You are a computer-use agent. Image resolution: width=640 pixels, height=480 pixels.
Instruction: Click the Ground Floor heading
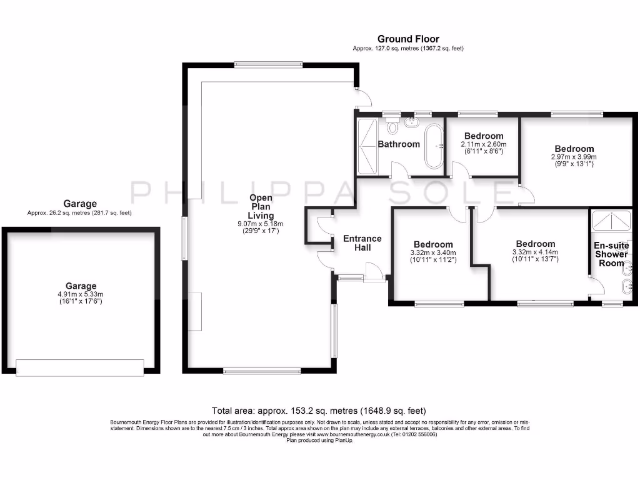pos(408,39)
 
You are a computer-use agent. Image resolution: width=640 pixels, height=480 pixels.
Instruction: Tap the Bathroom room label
pos(399,144)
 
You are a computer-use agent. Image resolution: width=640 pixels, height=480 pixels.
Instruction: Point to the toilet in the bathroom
pos(392,127)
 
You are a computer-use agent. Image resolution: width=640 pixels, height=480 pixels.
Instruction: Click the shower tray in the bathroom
pos(367,146)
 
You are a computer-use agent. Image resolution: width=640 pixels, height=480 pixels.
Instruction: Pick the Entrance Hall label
pos(362,243)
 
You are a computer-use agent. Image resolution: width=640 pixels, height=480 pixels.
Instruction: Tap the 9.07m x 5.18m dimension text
pos(260,224)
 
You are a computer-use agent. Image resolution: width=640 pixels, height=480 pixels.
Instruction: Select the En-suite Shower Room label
pos(611,254)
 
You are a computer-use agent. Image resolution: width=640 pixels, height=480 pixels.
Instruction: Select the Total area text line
pos(319,411)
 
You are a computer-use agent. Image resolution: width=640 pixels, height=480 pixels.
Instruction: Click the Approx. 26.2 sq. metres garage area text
pos(79,212)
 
